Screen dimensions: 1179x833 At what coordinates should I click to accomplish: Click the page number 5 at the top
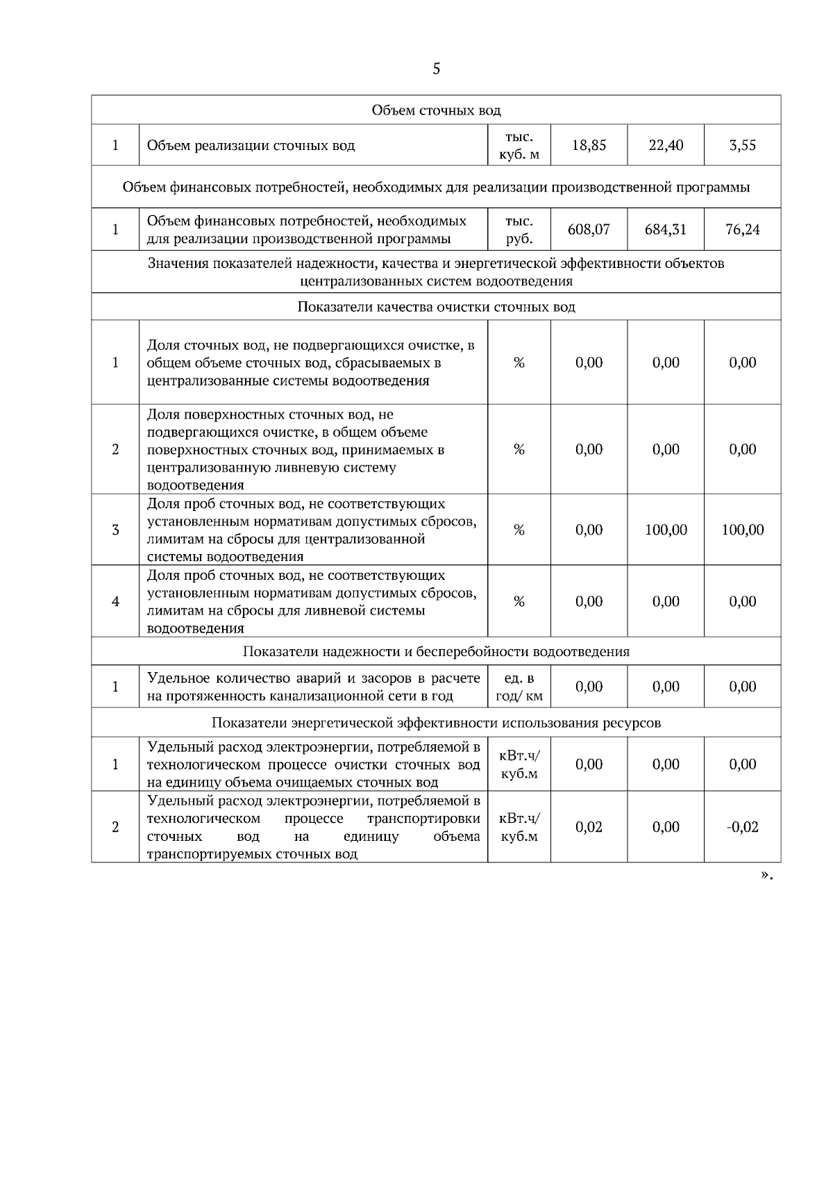click(x=436, y=69)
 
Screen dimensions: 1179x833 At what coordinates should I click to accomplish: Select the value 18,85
click(x=589, y=145)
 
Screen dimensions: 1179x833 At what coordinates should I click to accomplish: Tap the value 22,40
click(x=666, y=145)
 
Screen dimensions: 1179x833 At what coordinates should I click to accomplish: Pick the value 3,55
click(x=742, y=145)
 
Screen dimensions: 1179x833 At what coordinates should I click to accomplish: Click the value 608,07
click(x=589, y=229)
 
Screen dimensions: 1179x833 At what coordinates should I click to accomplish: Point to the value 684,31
click(x=666, y=229)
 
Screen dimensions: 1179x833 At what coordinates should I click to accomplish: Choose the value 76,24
click(x=742, y=229)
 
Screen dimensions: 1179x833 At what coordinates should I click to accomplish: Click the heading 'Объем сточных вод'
click(x=436, y=110)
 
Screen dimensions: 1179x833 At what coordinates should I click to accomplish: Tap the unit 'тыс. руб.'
click(x=519, y=230)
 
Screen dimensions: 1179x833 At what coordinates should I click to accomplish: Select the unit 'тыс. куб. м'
click(x=519, y=145)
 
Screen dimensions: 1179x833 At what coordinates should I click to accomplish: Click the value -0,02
click(x=742, y=827)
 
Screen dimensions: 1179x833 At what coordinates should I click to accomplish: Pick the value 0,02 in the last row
click(x=589, y=827)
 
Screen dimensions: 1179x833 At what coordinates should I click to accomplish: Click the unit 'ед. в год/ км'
click(x=519, y=687)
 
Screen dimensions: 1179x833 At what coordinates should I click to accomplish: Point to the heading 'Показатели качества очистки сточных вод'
click(x=436, y=307)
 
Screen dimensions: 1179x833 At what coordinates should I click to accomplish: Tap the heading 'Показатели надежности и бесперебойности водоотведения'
click(x=436, y=651)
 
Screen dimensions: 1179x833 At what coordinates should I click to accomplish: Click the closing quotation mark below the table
click(x=766, y=876)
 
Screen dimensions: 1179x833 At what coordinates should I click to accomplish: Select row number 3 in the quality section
click(x=115, y=530)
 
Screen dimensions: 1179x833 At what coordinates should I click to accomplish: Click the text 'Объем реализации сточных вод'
click(x=251, y=146)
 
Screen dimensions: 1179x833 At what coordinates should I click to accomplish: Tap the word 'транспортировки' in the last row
click(x=423, y=819)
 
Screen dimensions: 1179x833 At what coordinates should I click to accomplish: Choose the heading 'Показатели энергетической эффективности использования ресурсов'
click(x=436, y=723)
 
